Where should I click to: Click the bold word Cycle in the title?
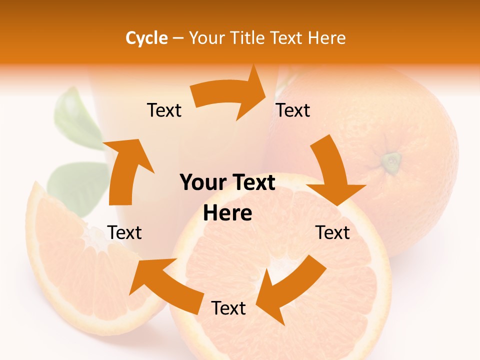pyautogui.click(x=146, y=38)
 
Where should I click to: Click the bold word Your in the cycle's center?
pyautogui.click(x=199, y=183)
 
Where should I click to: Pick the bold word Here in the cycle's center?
pyautogui.click(x=227, y=213)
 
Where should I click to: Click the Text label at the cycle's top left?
pyautogui.click(x=164, y=110)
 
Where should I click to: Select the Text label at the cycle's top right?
pyautogui.click(x=293, y=110)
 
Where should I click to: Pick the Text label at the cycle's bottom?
pyautogui.click(x=228, y=308)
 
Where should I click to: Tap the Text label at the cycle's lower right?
pyautogui.click(x=333, y=233)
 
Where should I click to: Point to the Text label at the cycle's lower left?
pyautogui.click(x=124, y=233)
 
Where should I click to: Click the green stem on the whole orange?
pyautogui.click(x=391, y=161)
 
